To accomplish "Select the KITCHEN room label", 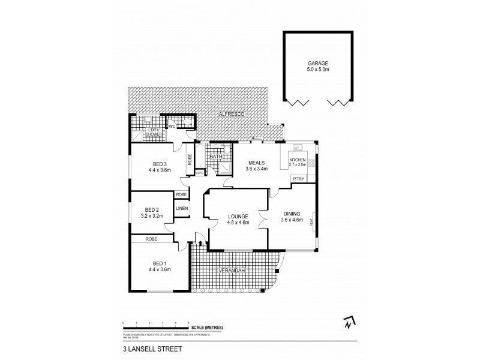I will tap(298, 159).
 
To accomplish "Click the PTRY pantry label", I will tap(298, 179).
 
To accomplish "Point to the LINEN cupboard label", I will tap(182, 208).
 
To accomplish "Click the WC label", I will tap(171, 127).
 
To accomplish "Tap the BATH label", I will tap(215, 157).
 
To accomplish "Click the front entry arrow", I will tap(200, 244).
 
